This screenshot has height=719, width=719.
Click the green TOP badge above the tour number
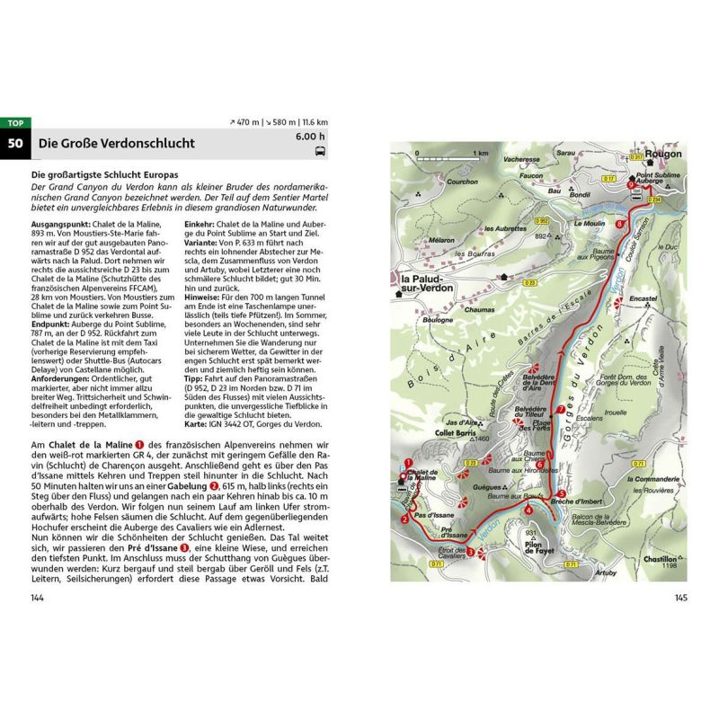[x=15, y=123]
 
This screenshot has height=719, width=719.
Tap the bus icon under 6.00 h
[x=321, y=153]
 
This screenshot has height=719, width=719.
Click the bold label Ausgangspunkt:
[x=62, y=222]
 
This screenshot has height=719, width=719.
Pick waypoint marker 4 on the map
[x=529, y=510]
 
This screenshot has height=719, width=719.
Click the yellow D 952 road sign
[x=541, y=220]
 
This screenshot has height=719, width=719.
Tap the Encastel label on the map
[x=644, y=297]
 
